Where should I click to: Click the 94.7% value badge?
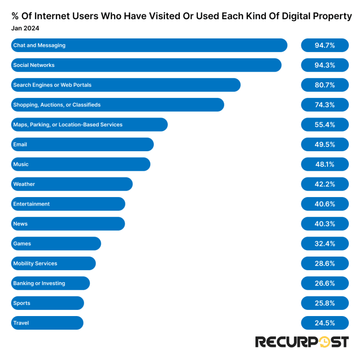(325, 45)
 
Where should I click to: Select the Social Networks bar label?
(34, 65)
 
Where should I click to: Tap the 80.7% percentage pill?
(325, 85)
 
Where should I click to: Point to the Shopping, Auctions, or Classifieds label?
(57, 105)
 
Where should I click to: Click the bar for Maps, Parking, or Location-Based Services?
(89, 125)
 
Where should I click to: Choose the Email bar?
(82, 144)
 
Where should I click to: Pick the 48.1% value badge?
(325, 164)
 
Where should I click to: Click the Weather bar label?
(24, 184)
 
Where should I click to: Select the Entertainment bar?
(68, 204)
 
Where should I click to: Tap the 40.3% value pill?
(325, 224)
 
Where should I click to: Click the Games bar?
(56, 243)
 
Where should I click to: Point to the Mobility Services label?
(35, 264)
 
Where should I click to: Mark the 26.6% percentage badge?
(325, 283)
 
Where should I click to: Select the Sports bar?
(47, 303)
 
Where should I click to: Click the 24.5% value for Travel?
(325, 323)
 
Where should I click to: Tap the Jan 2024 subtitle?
(25, 28)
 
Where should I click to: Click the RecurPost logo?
(301, 342)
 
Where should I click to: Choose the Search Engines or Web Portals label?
(52, 85)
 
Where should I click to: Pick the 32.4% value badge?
(325, 243)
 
